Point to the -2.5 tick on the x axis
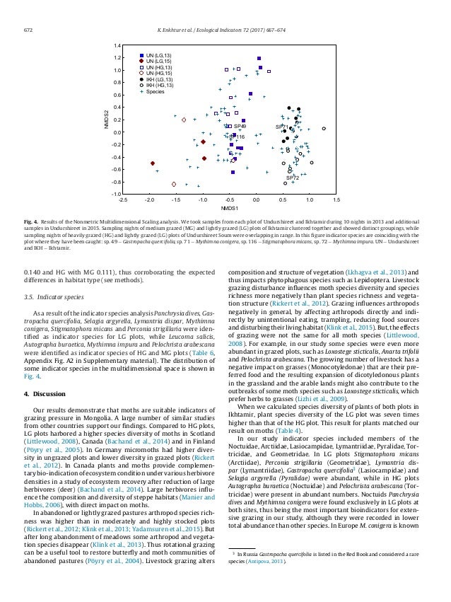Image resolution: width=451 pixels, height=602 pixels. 123,200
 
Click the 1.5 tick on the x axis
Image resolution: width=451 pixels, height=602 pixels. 336,200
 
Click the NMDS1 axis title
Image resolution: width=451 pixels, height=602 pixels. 229,209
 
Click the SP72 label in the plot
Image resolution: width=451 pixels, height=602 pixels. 291,178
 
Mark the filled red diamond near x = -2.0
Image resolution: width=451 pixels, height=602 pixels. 153,163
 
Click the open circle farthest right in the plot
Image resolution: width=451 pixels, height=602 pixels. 323,129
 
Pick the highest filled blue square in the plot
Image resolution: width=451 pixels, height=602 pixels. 259,59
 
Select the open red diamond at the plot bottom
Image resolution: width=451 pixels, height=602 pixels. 174,184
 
